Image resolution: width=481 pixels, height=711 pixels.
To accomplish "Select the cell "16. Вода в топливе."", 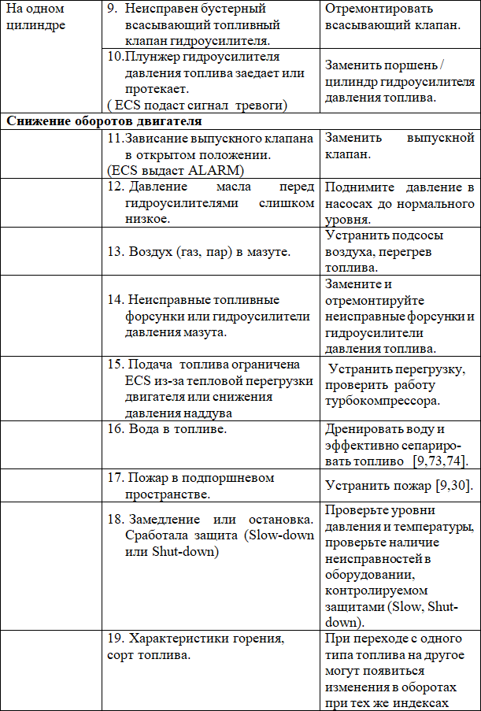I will tap(167, 429).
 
